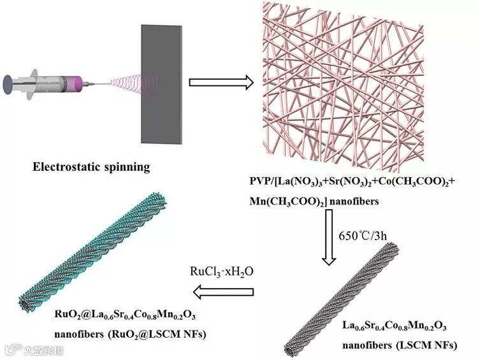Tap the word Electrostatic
68,168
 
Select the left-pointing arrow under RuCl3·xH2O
222,292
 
